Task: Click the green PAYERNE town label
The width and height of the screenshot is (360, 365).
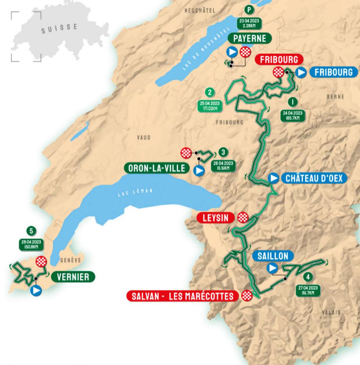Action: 249,38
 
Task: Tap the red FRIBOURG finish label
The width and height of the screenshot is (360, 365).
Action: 279,59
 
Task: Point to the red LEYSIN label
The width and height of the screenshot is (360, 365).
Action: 216,218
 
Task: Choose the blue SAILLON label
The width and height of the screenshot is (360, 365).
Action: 273,256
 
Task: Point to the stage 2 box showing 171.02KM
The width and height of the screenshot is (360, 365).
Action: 209,106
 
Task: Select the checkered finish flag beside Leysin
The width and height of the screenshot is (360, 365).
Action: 243,218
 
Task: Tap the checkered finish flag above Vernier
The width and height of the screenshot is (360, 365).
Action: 41,262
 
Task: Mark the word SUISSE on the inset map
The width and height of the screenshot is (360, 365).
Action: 59,28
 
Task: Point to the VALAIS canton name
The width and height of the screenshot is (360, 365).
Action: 331,312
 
